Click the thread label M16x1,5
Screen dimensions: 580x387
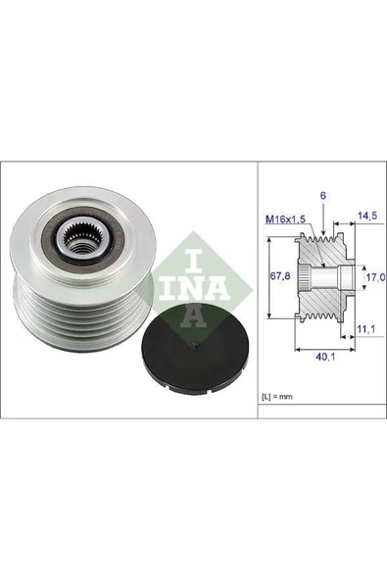click(282, 220)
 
